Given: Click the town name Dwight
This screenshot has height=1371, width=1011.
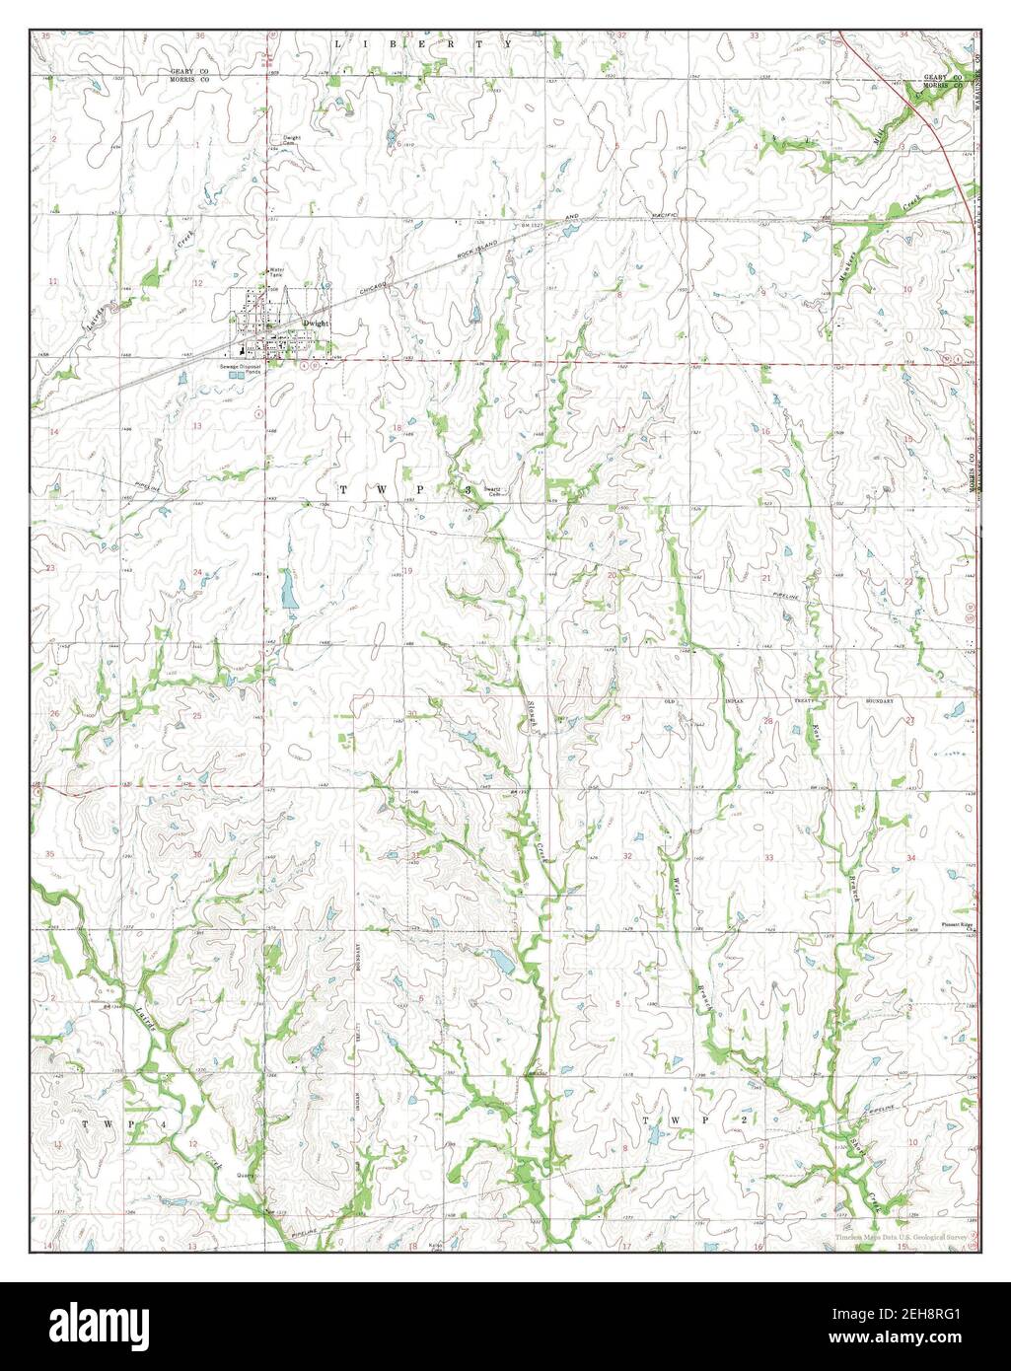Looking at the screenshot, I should pyautogui.click(x=315, y=323).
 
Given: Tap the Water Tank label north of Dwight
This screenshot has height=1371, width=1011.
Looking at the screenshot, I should pyautogui.click(x=277, y=273).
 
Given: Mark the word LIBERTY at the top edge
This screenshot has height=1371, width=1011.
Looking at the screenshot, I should pyautogui.click(x=423, y=44).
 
